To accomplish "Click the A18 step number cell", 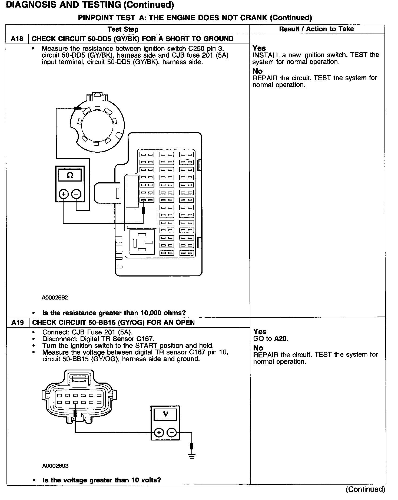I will (x=17, y=39).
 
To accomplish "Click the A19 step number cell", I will (x=17, y=323).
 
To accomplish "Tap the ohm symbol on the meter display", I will (x=70, y=175).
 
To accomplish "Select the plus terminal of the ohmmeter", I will (x=64, y=194).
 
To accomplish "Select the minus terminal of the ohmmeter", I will (x=77, y=194).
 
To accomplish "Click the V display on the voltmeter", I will (x=165, y=414).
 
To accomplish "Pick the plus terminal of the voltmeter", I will (x=159, y=433).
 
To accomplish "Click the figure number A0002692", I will (x=55, y=298).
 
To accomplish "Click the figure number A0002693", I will (x=55, y=466).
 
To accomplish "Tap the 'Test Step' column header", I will (x=123, y=29).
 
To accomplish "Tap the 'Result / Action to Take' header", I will (x=316, y=29).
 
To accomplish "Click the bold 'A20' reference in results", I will (x=281, y=339).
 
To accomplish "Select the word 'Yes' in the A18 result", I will (x=259, y=48).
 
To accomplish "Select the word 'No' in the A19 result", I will (x=258, y=348).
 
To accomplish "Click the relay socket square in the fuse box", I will (x=142, y=242).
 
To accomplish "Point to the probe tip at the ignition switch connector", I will (x=78, y=108).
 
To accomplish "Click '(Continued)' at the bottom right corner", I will (x=365, y=489).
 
